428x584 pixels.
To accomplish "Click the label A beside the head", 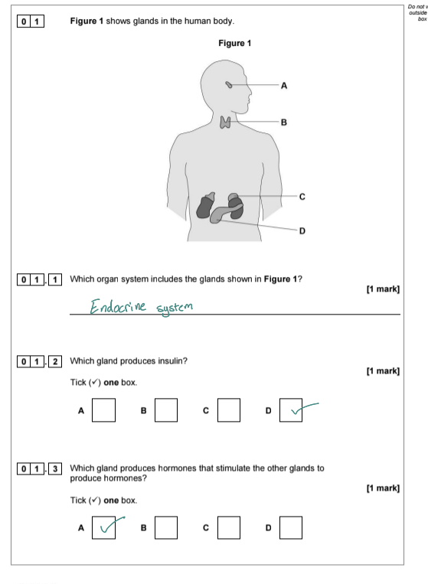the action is pyautogui.click(x=284, y=86).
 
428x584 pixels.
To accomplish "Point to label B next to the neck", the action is pyautogui.click(x=284, y=122).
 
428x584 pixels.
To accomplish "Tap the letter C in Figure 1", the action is pyautogui.click(x=302, y=197).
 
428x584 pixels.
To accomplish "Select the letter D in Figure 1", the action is pyautogui.click(x=302, y=231).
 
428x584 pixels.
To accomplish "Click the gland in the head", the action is pyautogui.click(x=229, y=85).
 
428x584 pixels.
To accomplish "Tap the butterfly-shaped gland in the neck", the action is pyautogui.click(x=225, y=122).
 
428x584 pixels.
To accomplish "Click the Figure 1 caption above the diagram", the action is pyautogui.click(x=235, y=43).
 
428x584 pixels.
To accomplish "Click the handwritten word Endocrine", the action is pyautogui.click(x=118, y=306).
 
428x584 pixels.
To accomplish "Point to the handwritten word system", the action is pyautogui.click(x=175, y=308).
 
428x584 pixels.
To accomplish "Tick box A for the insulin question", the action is pyautogui.click(x=103, y=410).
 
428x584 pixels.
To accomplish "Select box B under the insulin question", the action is pyautogui.click(x=166, y=410).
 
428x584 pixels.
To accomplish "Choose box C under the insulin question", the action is pyautogui.click(x=229, y=410).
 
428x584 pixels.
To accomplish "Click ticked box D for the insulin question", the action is pyautogui.click(x=291, y=410).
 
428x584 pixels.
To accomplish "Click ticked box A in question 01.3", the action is pyautogui.click(x=103, y=527).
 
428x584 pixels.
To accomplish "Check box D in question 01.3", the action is pyautogui.click(x=291, y=527).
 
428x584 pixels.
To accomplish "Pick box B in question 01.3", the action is pyautogui.click(x=166, y=527).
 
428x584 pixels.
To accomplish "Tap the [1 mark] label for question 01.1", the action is pyautogui.click(x=383, y=289).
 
